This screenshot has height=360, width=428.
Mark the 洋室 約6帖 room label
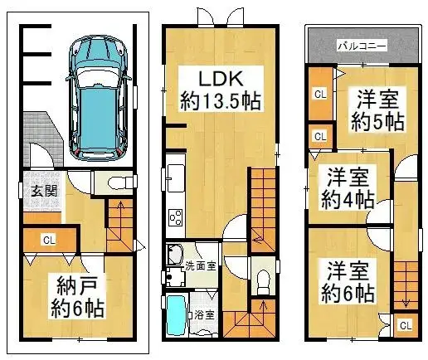coord(348,282)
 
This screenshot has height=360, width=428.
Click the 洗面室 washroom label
coord(200,267)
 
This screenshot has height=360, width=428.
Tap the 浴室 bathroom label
coord(204,315)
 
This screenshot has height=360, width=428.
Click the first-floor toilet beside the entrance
coord(119,182)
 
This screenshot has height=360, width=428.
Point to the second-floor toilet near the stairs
coord(263,280)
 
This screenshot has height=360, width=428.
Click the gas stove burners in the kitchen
coord(177,218)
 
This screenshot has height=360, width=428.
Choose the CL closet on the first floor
coord(49,241)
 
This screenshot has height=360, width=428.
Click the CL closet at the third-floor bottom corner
coord(405,325)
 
